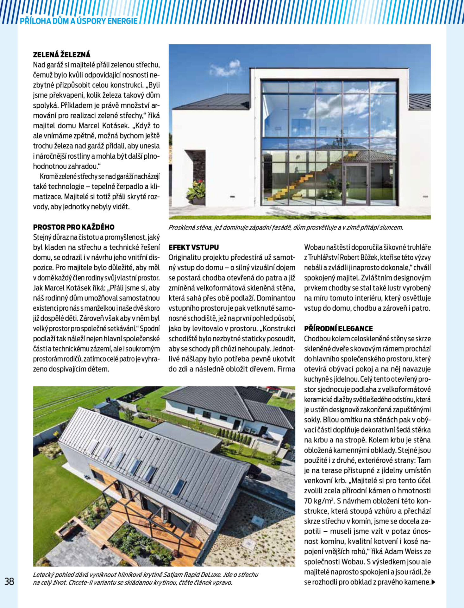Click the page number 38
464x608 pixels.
9,581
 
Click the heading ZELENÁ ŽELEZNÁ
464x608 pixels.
62,54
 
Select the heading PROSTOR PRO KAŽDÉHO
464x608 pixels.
74,227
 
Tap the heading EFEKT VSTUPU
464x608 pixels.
193,247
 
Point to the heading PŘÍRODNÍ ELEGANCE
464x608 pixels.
338,328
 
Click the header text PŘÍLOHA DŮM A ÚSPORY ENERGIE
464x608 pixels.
79,21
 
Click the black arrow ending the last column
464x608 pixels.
433,582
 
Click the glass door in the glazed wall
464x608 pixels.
356,184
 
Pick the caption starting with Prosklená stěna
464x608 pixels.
285,227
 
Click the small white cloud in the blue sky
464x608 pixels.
225,68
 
